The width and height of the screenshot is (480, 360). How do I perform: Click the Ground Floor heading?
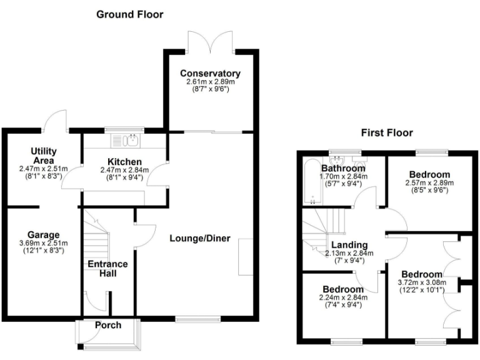[129, 14]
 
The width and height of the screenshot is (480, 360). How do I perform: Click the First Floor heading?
[387, 133]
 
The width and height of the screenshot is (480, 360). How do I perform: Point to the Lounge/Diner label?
[200, 238]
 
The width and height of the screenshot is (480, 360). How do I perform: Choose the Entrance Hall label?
[107, 269]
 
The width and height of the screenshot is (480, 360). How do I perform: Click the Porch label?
[108, 325]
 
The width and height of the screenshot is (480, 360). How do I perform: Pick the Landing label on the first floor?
[349, 244]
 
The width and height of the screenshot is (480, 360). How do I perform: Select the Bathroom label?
[343, 169]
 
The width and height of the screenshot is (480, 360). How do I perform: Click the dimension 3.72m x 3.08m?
[422, 282]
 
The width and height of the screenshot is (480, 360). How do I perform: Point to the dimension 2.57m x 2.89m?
[429, 183]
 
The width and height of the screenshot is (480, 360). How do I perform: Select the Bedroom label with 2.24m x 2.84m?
[343, 290]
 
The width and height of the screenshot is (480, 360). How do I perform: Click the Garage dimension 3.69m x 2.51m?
[43, 243]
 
